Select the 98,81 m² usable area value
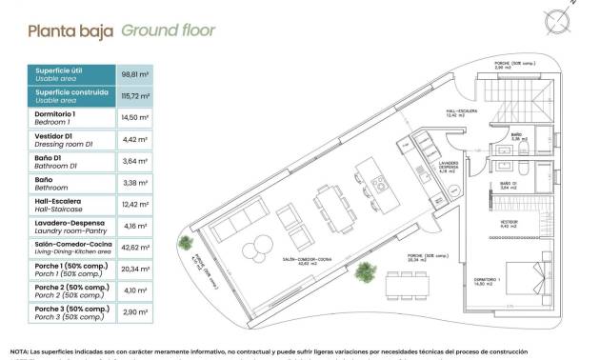point(131,73)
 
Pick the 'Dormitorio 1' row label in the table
point(56,117)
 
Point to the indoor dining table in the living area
point(329,204)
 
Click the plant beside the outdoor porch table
point(364,273)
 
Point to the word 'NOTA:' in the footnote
point(20,351)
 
